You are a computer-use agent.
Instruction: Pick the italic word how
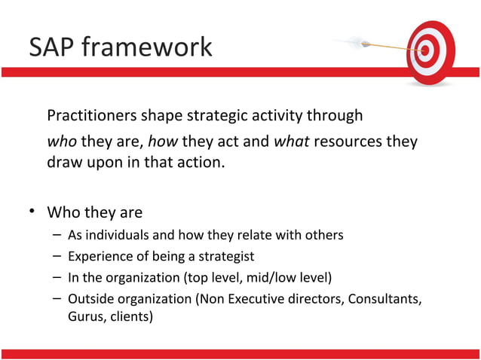163,142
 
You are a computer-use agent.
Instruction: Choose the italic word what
292,142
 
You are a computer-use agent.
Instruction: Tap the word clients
133,316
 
